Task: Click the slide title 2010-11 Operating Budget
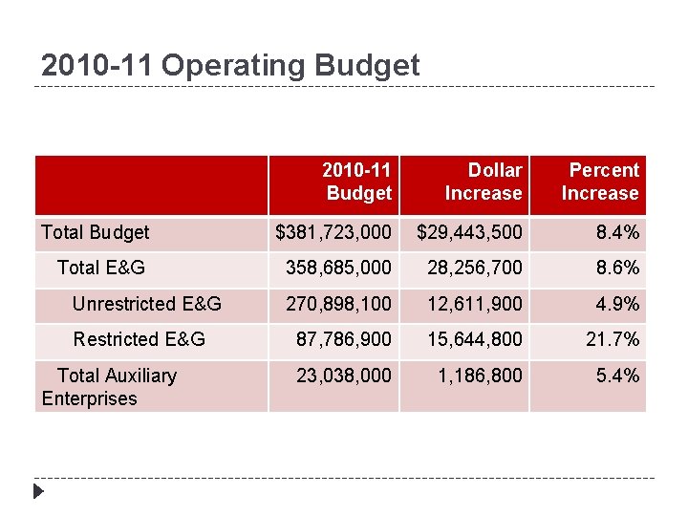point(230,65)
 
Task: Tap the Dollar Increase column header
point(484,182)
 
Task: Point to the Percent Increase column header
point(600,182)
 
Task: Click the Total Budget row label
point(96,232)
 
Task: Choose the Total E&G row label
point(101,268)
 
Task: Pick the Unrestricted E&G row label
point(147,304)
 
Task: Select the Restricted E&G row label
point(140,339)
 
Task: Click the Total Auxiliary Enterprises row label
point(109,387)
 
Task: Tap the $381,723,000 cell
point(333,232)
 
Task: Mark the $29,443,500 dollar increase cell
point(469,232)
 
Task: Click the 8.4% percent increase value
point(617,232)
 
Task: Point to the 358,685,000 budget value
point(339,268)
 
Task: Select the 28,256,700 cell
point(475,268)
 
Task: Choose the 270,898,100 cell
point(339,304)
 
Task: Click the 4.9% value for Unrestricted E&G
point(617,304)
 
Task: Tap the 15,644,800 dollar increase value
point(475,339)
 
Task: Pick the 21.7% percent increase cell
point(613,339)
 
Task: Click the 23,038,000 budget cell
point(344,376)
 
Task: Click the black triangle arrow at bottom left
point(38,493)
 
